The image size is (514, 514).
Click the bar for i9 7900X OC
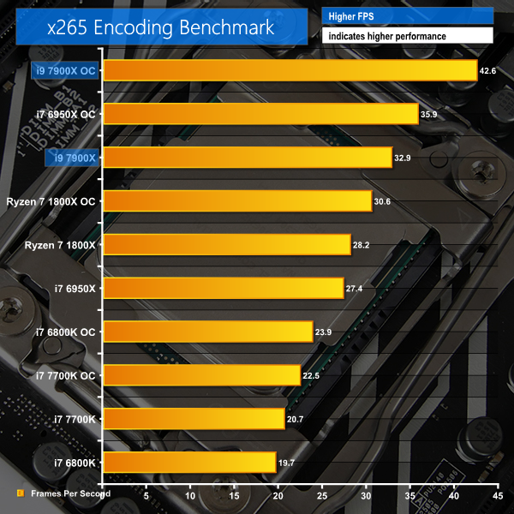click(290, 70)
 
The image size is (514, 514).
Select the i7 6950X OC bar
click(260, 114)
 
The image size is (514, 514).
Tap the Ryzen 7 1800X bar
click(227, 245)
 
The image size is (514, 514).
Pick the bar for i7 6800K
click(189, 463)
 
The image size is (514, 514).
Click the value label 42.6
click(488, 70)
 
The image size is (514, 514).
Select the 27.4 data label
click(356, 289)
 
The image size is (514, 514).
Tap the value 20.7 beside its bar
click(296, 419)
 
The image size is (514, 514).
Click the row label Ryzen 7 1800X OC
click(55, 201)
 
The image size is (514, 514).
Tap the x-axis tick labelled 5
click(146, 494)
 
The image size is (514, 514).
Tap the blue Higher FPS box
click(407, 15)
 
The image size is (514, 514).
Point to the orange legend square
click(20, 494)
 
